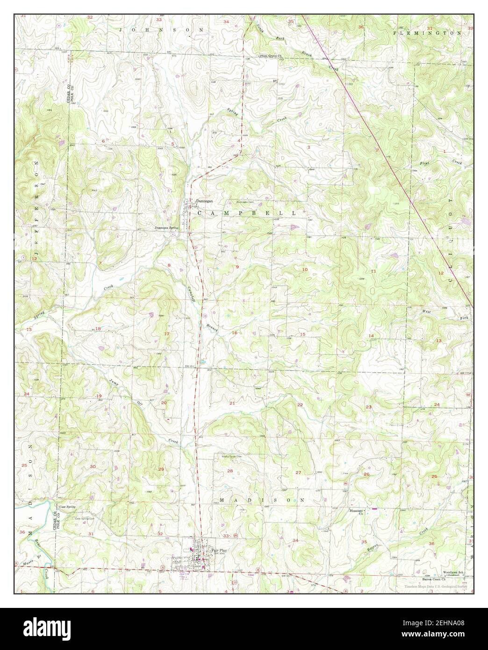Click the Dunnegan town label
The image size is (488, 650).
(204, 201)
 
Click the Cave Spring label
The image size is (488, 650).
(67, 506)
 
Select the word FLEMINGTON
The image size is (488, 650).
(427, 33)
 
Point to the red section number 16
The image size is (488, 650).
(235, 333)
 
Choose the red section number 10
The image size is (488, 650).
(305, 270)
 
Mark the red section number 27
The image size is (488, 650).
(298, 473)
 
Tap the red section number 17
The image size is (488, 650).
(167, 333)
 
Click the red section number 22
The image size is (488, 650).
(300, 404)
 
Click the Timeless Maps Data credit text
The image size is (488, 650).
(438, 585)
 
